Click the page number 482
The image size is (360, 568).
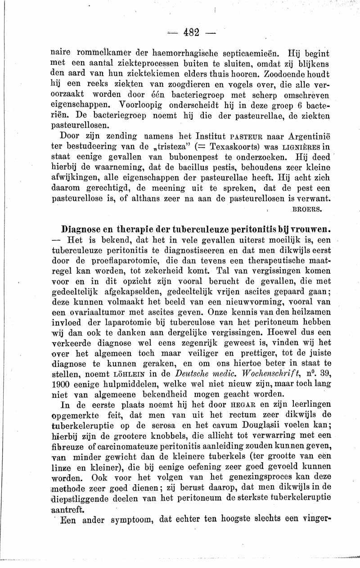(192, 32)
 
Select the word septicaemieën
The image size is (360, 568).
(241, 52)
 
